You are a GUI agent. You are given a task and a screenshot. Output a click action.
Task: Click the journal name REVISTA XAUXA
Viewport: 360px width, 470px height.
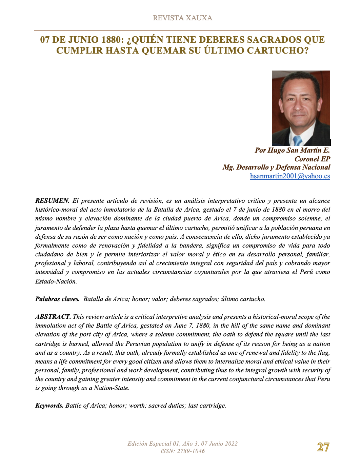182,18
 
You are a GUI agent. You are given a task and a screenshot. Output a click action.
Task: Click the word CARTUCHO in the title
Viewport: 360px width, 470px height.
278,51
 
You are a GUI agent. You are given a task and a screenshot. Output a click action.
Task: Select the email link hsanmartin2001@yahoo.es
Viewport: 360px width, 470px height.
290,176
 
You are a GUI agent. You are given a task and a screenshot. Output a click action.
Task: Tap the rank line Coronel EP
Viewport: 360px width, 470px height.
312,159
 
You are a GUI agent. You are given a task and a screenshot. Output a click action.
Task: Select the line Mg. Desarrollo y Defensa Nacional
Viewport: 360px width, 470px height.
276,167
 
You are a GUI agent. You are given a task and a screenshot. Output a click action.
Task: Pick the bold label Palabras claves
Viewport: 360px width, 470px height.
57,299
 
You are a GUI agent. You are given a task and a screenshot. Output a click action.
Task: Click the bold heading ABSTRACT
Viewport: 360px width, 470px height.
53,317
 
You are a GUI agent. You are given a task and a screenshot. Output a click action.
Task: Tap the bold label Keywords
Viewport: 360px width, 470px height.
49,406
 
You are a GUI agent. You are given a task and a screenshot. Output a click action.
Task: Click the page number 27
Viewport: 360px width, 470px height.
323,447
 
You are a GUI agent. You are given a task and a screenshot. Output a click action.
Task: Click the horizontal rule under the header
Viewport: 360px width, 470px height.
177,31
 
